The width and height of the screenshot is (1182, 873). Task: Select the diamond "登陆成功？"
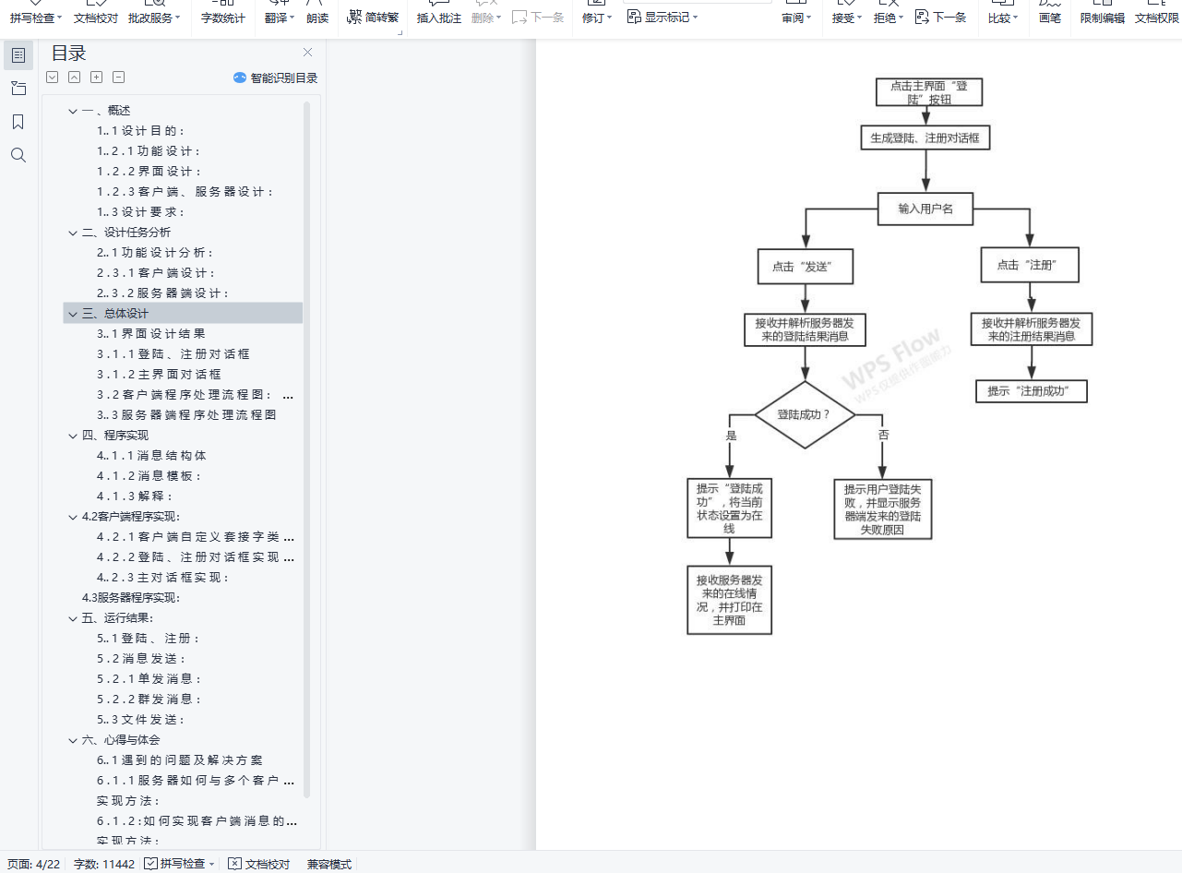click(804, 415)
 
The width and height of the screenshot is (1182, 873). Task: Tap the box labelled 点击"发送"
click(805, 267)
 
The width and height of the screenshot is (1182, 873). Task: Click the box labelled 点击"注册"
click(1030, 265)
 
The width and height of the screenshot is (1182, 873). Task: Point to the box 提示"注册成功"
click(1031, 391)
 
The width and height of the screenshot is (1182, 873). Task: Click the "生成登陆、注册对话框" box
click(925, 138)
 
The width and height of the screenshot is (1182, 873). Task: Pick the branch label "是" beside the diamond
click(732, 435)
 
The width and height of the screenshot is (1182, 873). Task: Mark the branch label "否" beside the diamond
click(884, 435)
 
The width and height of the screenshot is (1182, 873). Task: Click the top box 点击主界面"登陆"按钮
click(928, 92)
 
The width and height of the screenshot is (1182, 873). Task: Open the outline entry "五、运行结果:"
click(117, 618)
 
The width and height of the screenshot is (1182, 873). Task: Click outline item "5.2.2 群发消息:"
click(149, 700)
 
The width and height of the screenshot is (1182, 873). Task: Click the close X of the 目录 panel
click(307, 53)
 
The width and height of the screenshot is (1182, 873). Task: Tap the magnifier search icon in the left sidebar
click(18, 155)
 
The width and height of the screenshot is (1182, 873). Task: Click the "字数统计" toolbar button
click(223, 18)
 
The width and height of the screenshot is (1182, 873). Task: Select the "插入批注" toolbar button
click(438, 18)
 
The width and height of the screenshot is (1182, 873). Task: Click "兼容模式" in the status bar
click(329, 864)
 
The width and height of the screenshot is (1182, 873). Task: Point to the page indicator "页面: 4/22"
click(33, 864)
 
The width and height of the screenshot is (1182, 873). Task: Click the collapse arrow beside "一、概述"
click(72, 111)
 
